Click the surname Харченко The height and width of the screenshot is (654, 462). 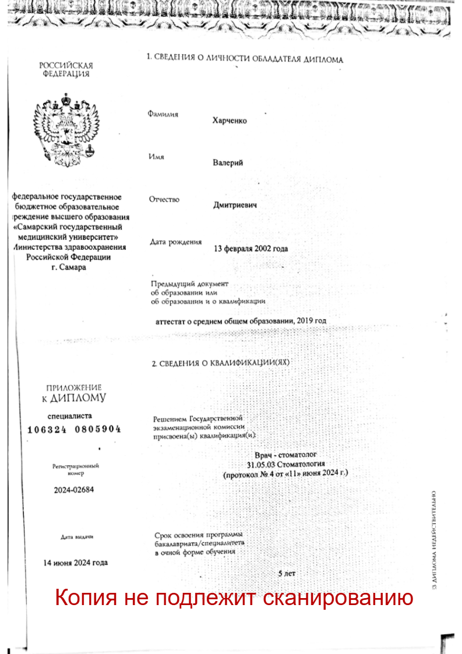click(230, 121)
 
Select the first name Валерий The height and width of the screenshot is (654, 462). click(228, 163)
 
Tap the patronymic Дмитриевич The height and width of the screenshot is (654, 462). click(235, 206)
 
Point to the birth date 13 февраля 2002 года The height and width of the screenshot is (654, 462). click(251, 249)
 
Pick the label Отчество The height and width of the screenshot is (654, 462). click(165, 200)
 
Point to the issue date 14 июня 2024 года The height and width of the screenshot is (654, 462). click(76, 563)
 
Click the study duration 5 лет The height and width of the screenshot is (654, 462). click(287, 574)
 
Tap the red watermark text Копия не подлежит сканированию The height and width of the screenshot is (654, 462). click(234, 598)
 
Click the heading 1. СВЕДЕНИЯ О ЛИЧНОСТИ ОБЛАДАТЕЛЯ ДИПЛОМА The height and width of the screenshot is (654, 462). click(245, 59)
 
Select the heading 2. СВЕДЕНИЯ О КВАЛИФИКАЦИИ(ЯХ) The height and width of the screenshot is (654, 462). click(220, 363)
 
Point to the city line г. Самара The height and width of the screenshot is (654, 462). click(68, 267)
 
